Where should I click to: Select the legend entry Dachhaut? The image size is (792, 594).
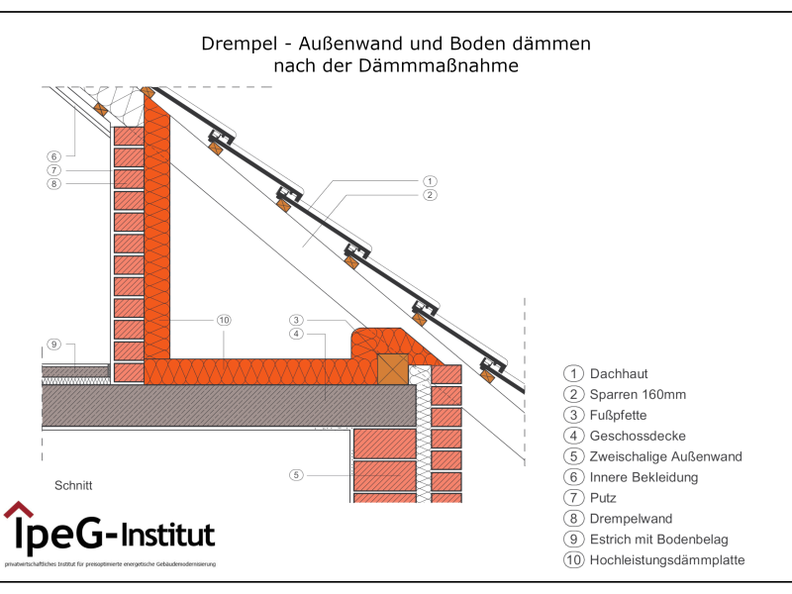tap(619, 373)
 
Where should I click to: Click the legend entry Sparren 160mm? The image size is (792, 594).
tap(638, 394)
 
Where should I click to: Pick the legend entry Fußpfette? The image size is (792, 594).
tap(618, 415)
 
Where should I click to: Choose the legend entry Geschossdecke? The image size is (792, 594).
tap(638, 436)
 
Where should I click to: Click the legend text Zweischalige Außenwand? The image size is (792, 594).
tap(665, 456)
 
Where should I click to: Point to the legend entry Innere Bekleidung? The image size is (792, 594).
tap(643, 477)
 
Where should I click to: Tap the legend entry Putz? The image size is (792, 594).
tap(604, 498)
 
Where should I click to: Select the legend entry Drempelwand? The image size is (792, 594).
tap(631, 519)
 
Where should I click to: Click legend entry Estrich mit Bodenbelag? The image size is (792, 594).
tap(658, 540)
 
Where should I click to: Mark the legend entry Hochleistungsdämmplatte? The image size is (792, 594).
tap(666, 560)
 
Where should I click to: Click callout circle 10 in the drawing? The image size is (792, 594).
tap(224, 320)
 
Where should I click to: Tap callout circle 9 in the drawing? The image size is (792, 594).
tap(54, 345)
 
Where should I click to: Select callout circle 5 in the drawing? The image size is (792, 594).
tap(296, 475)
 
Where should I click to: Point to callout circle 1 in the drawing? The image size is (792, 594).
tap(430, 181)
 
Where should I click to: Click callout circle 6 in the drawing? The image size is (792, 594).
tap(54, 155)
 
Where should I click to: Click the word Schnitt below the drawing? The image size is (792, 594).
tap(73, 485)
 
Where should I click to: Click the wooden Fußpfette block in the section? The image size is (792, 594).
tap(392, 368)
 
